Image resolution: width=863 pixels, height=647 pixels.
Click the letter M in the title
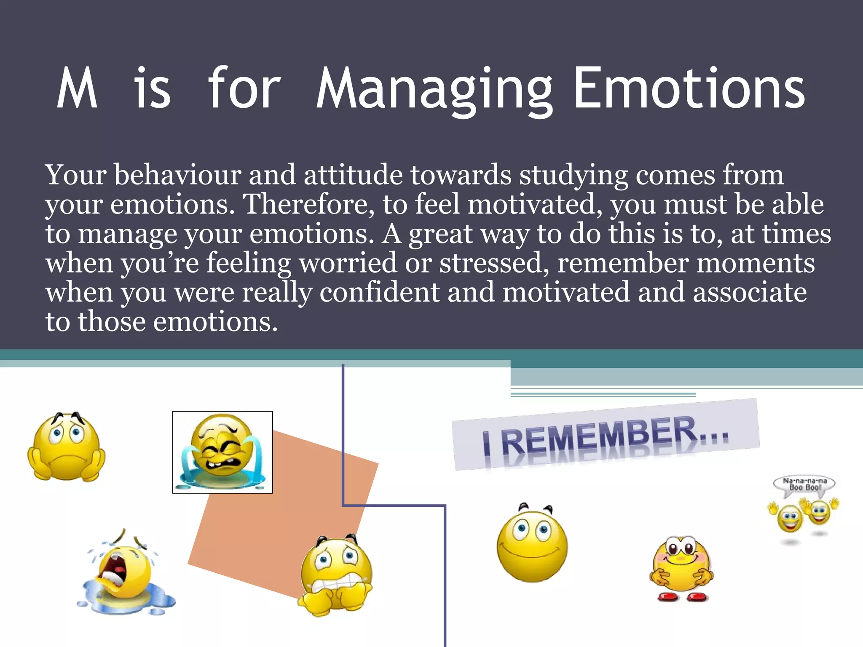pos(77,89)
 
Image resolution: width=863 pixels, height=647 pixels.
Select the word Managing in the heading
pos(434,91)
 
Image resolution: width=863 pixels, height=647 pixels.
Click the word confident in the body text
pos(379,292)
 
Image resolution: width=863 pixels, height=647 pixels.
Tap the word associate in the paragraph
pos(750,292)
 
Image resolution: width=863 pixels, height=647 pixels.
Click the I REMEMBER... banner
pos(606,436)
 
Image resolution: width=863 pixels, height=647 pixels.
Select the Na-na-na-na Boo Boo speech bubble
pos(804,484)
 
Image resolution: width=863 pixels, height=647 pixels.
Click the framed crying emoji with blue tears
pos(222,452)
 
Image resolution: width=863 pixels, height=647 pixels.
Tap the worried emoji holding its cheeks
pos(66,447)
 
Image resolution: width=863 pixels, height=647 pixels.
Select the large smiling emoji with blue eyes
pos(532,545)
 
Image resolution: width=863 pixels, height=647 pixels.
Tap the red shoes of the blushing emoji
pos(681,597)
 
